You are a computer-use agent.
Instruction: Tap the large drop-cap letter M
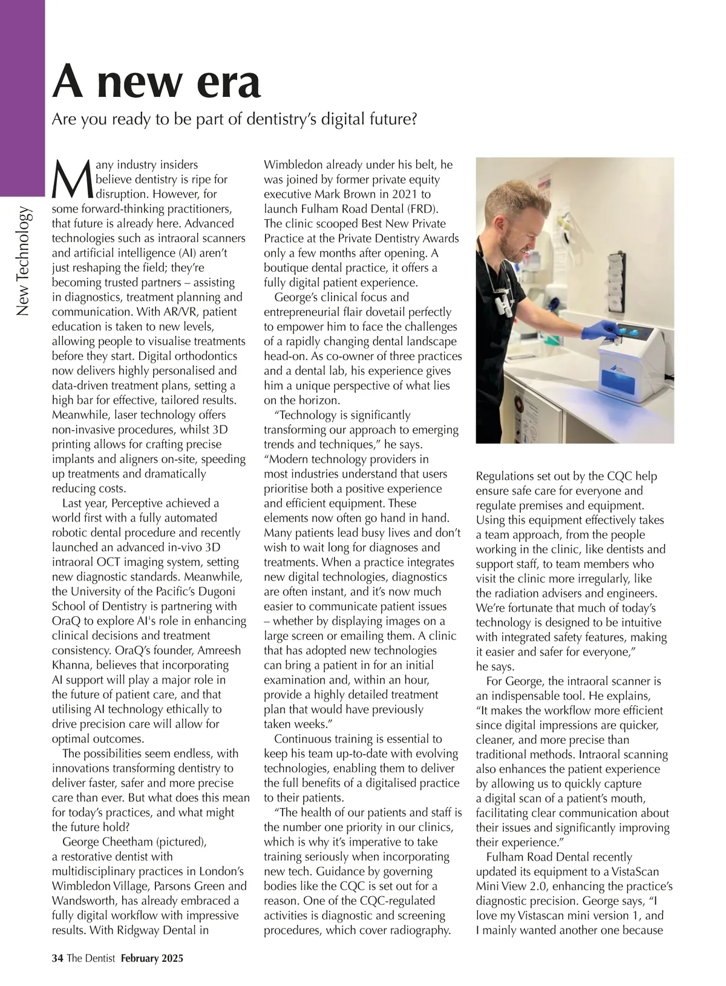pos(72,179)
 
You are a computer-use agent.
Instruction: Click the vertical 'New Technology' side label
pos(23,261)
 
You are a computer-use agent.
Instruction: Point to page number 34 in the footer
pos(57,958)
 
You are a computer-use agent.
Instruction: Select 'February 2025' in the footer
pos(152,958)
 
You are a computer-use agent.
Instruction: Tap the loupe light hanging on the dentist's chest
pos(502,302)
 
